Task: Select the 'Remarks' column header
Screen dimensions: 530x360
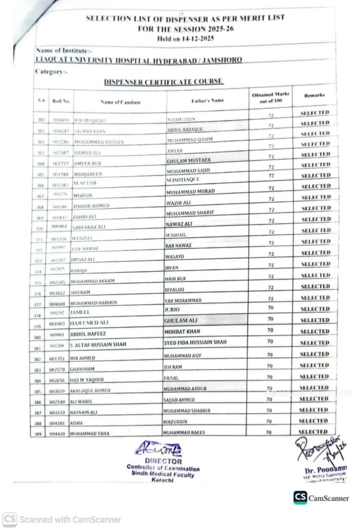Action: point(314,96)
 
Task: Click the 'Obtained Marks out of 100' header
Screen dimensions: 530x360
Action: point(270,97)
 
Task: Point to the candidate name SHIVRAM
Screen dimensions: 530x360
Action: point(80,292)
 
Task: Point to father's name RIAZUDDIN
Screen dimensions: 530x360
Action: point(177,421)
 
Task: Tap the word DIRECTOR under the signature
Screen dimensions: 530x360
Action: point(163,461)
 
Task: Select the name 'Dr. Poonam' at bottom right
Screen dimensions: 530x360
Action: point(326,469)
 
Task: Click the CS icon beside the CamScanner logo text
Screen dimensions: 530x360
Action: point(300,497)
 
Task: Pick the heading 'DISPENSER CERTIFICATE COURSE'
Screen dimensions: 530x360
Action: point(163,82)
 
